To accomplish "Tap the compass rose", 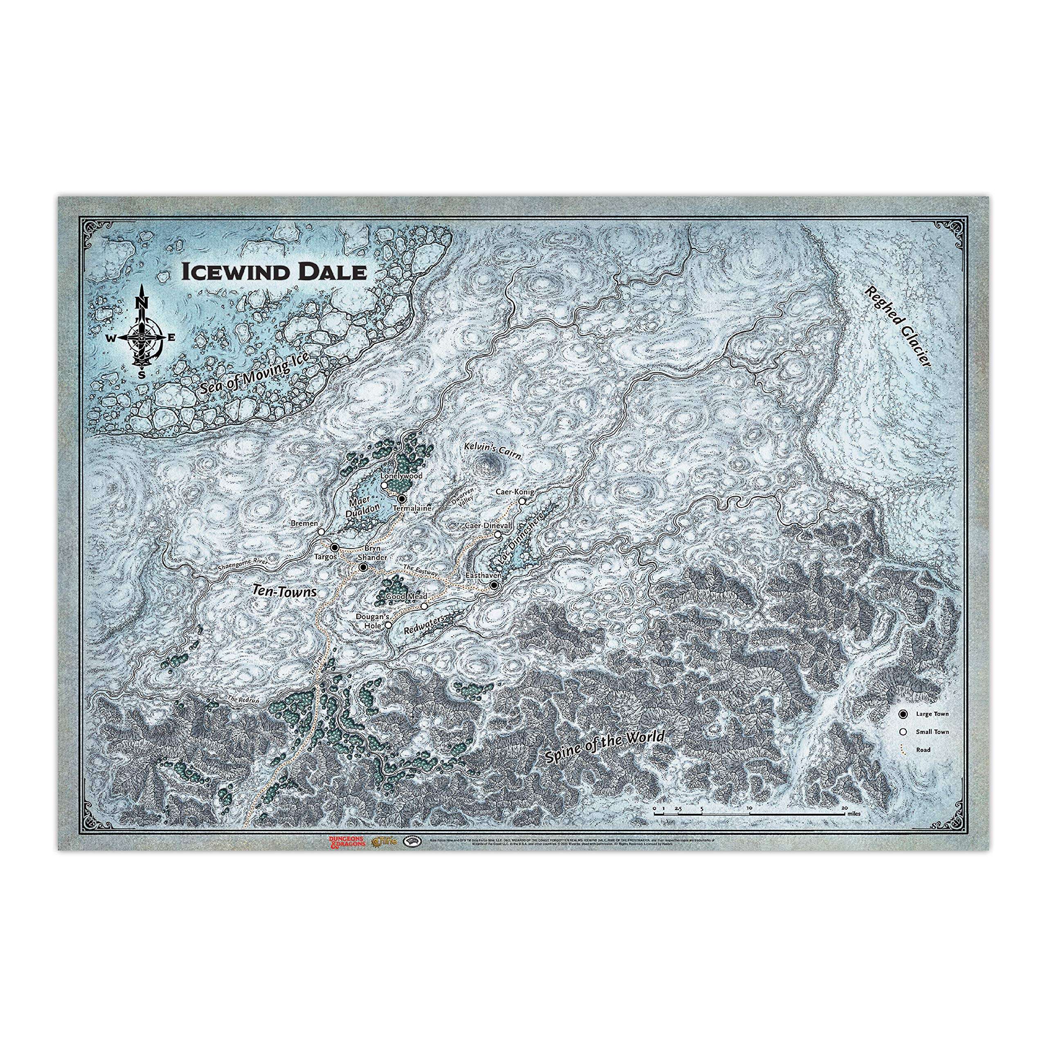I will click(x=142, y=337).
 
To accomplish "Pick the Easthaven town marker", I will click(x=494, y=585).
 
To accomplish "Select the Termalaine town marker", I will click(x=402, y=498).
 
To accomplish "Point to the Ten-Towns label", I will click(x=285, y=592).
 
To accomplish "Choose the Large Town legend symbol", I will click(x=903, y=714).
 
